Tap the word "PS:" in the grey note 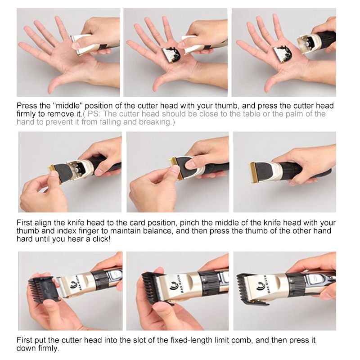tap(94, 114)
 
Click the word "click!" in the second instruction tap(102, 239)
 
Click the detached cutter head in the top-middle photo tap(171, 55)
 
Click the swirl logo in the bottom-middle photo tap(172, 286)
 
